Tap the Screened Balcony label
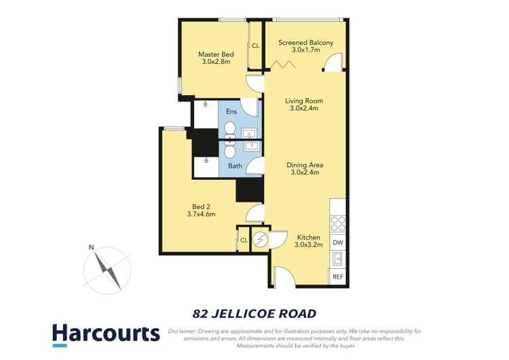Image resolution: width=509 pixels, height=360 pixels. (x=305, y=46)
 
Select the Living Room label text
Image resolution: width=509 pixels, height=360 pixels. (x=303, y=104)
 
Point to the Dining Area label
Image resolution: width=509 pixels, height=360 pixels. (x=304, y=168)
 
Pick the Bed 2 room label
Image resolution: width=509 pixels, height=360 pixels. (x=200, y=211)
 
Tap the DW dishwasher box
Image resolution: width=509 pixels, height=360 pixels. (x=338, y=242)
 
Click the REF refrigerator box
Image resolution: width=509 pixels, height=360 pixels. (x=338, y=277)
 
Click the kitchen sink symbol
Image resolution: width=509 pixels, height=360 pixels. (x=338, y=259)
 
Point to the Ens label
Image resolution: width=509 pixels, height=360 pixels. (x=231, y=111)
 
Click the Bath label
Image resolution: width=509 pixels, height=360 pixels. (x=235, y=166)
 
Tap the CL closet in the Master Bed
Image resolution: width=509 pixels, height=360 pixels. (x=255, y=46)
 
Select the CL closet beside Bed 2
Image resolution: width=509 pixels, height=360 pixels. (x=244, y=240)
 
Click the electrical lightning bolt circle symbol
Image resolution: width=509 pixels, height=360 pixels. (x=261, y=240)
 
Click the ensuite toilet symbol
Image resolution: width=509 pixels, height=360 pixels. (x=229, y=130)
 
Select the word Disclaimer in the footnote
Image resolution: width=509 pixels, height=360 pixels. (x=183, y=331)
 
